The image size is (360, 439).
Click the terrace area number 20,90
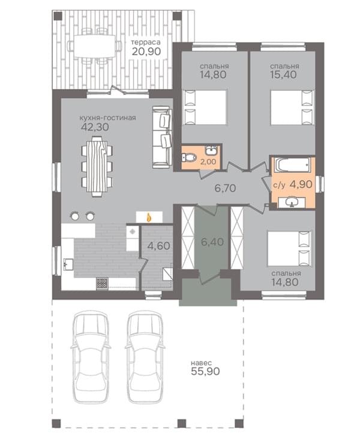146,51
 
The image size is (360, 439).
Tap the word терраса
146,42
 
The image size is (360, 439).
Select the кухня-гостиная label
107,118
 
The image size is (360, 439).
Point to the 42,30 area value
95,127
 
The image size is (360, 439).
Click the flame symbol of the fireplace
149,217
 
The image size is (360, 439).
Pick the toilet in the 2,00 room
189,157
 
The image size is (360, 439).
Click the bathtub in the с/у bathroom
292,165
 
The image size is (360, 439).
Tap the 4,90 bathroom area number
301,184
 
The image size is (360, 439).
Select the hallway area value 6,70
225,188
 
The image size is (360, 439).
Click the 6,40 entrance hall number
212,241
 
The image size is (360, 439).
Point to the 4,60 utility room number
158,246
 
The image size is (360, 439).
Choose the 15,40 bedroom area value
283,74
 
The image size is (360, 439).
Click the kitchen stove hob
102,283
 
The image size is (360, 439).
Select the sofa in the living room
162,137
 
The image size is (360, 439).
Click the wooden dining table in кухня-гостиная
97,166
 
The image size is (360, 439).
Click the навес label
201,363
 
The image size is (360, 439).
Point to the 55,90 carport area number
205,371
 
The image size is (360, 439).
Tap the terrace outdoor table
95,46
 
